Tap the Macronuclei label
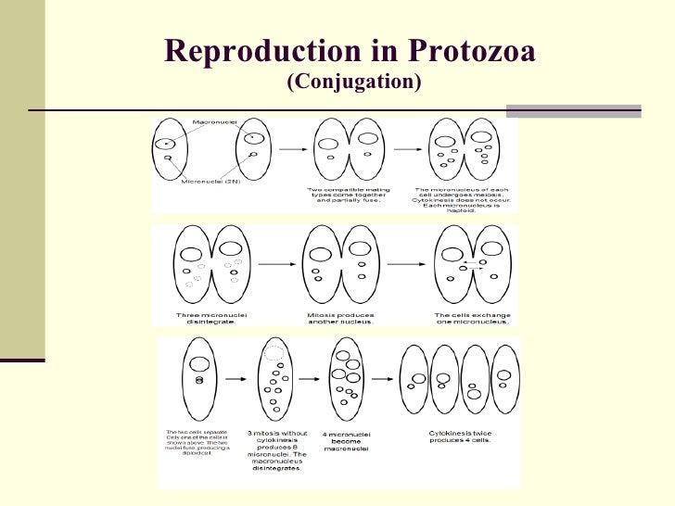point(212,122)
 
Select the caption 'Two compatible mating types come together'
point(345,195)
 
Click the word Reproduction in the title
point(268,52)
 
